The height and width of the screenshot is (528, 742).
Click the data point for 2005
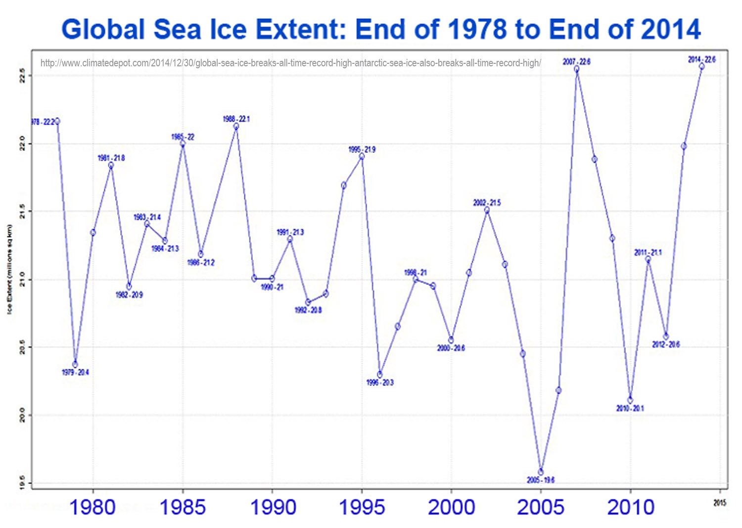pos(541,472)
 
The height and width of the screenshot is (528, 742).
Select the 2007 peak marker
pos(577,69)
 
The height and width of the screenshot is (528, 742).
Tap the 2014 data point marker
pos(701,66)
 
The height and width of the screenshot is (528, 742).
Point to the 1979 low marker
pos(75,365)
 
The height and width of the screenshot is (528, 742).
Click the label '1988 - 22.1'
pos(236,119)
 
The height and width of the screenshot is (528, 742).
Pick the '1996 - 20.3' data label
pos(380,383)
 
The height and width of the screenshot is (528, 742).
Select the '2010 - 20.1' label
pos(630,408)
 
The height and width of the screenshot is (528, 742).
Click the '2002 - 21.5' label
pos(487,202)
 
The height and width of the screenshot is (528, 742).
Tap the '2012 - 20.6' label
pos(666,344)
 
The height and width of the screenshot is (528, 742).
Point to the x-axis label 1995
pos(362,507)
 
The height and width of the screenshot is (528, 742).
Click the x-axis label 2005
pos(541,507)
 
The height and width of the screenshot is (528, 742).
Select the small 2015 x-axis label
pos(720,503)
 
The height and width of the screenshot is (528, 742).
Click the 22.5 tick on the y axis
pos(21,76)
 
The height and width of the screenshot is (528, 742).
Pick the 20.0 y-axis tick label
pos(21,415)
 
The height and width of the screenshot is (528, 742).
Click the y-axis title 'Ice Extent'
pos(9,270)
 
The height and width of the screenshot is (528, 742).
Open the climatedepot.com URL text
pos(290,63)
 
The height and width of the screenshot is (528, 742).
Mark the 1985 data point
pos(183,144)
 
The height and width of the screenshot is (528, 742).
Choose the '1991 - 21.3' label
pos(290,232)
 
